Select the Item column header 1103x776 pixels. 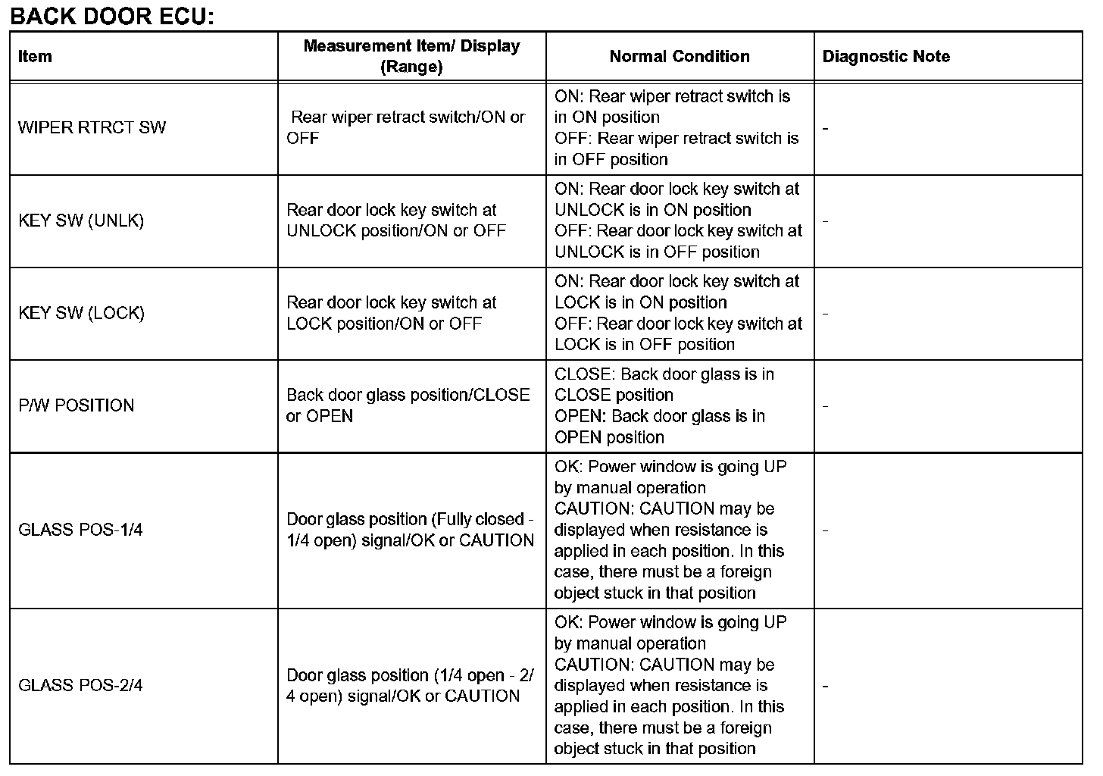pyautogui.click(x=35, y=56)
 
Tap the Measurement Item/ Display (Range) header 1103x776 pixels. pyautogui.click(x=411, y=56)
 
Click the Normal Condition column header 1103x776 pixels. pyautogui.click(x=680, y=56)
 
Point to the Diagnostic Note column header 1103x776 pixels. pyautogui.click(x=886, y=56)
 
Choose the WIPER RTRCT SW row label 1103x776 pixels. pyautogui.click(x=92, y=127)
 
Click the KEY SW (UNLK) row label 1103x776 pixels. pyautogui.click(x=81, y=221)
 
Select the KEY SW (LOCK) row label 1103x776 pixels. pyautogui.click(x=81, y=313)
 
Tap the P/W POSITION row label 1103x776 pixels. pyautogui.click(x=76, y=405)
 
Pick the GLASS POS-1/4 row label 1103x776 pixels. pyautogui.click(x=80, y=530)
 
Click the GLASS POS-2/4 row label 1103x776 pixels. pyautogui.click(x=80, y=686)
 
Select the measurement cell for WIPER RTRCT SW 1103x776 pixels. pyautogui.click(x=408, y=127)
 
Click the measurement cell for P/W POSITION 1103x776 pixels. pyautogui.click(x=408, y=405)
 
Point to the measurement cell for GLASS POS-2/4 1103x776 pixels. pyautogui.click(x=409, y=686)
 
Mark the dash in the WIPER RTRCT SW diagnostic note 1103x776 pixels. pyautogui.click(x=825, y=129)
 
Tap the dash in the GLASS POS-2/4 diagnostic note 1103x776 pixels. pyautogui.click(x=825, y=687)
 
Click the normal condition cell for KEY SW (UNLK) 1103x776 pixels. pyautogui.click(x=678, y=221)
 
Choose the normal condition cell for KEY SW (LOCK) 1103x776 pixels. pyautogui.click(x=678, y=313)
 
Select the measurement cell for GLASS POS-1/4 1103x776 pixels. pyautogui.click(x=410, y=530)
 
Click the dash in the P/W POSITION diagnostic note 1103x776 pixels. pyautogui.click(x=825, y=406)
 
